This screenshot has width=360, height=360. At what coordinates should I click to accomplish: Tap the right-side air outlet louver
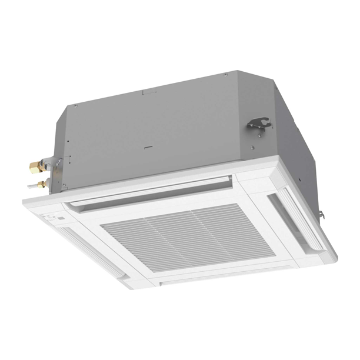pyautogui.click(x=294, y=219)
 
